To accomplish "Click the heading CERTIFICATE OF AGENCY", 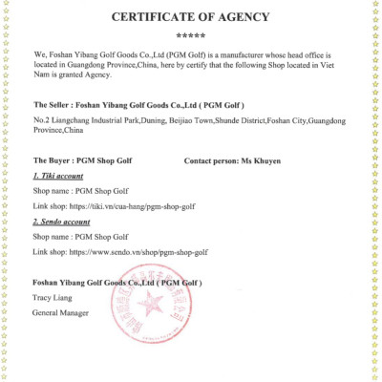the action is [x=190, y=17].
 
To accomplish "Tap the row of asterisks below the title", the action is [x=190, y=35].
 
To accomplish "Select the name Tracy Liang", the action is [x=54, y=298].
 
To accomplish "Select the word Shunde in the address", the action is [x=218, y=121].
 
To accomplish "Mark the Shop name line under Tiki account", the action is [x=74, y=192].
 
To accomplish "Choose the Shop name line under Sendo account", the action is [x=74, y=238].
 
